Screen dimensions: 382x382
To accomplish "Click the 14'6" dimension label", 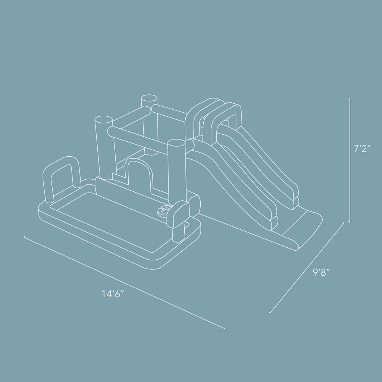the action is coord(113,294).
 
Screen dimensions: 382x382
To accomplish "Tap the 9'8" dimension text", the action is coord(321,272).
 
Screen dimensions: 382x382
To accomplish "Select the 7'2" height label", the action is coord(362,148).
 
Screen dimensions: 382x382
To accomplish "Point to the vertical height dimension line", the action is coord(350,160).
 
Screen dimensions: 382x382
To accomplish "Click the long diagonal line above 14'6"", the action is coord(124,283).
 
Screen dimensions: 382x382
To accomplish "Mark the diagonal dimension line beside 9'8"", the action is coord(307,267).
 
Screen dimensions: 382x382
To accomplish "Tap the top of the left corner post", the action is coord(103,120).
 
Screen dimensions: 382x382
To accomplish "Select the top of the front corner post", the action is coord(176,143).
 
